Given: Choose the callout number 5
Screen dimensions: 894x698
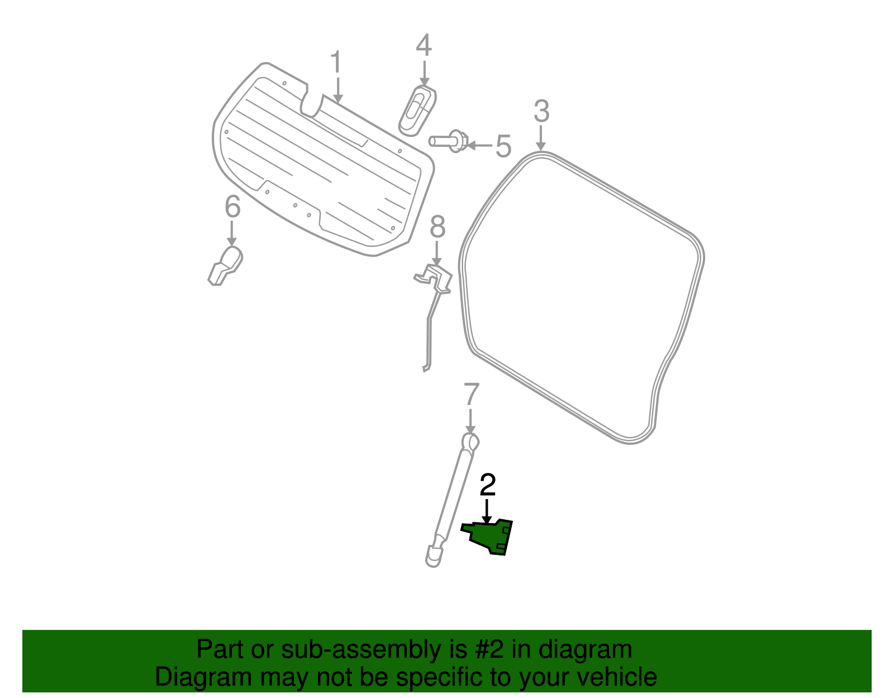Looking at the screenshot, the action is click(x=503, y=146).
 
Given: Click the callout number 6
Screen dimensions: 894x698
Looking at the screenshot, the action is click(x=232, y=206).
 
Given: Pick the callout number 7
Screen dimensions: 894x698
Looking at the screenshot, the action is click(x=472, y=395).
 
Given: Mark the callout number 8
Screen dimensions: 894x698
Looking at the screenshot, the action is click(x=438, y=226).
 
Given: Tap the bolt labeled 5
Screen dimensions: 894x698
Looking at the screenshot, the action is click(x=449, y=141).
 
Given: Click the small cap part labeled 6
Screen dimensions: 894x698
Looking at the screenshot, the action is click(x=225, y=265).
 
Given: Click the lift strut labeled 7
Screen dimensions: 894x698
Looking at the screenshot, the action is click(x=453, y=500).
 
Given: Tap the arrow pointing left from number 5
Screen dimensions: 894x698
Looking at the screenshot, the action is click(x=480, y=145).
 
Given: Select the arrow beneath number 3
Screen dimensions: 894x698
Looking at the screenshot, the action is click(x=541, y=138).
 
